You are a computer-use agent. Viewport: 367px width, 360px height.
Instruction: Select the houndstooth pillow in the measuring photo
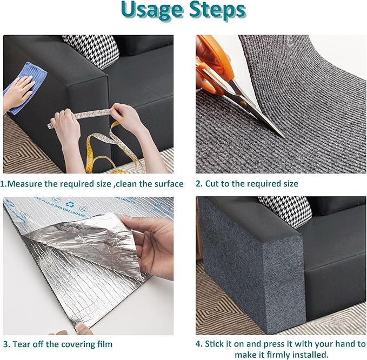[x=94, y=50]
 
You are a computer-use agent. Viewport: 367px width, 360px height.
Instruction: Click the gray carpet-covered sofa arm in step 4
[x=249, y=270]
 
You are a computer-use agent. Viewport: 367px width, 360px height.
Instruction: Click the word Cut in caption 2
[x=212, y=184]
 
